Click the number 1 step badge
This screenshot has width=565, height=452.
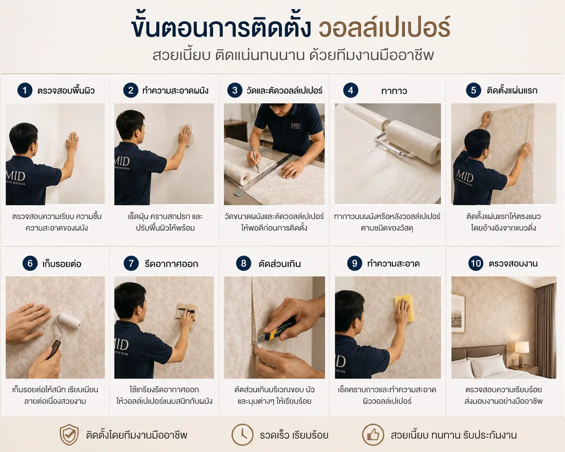(x=25, y=90)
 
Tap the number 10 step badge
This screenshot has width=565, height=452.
(x=476, y=263)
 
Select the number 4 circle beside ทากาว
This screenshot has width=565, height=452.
(x=351, y=90)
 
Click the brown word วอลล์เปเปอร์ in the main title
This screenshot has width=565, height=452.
(x=384, y=27)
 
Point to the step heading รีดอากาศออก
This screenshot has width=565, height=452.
(x=171, y=264)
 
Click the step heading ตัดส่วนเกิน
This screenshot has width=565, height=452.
(x=280, y=264)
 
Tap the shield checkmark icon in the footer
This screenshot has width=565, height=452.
(x=69, y=435)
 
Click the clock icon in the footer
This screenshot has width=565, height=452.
(x=242, y=435)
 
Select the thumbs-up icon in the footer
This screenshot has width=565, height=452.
(x=373, y=435)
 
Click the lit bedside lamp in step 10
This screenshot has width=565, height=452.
(x=522, y=353)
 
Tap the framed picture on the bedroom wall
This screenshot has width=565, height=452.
(x=458, y=313)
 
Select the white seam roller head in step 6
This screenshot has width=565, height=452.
(x=69, y=321)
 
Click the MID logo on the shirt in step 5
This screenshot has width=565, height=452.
(x=465, y=176)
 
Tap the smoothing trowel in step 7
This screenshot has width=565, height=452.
(x=187, y=311)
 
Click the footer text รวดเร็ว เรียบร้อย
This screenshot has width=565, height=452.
(x=294, y=435)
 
